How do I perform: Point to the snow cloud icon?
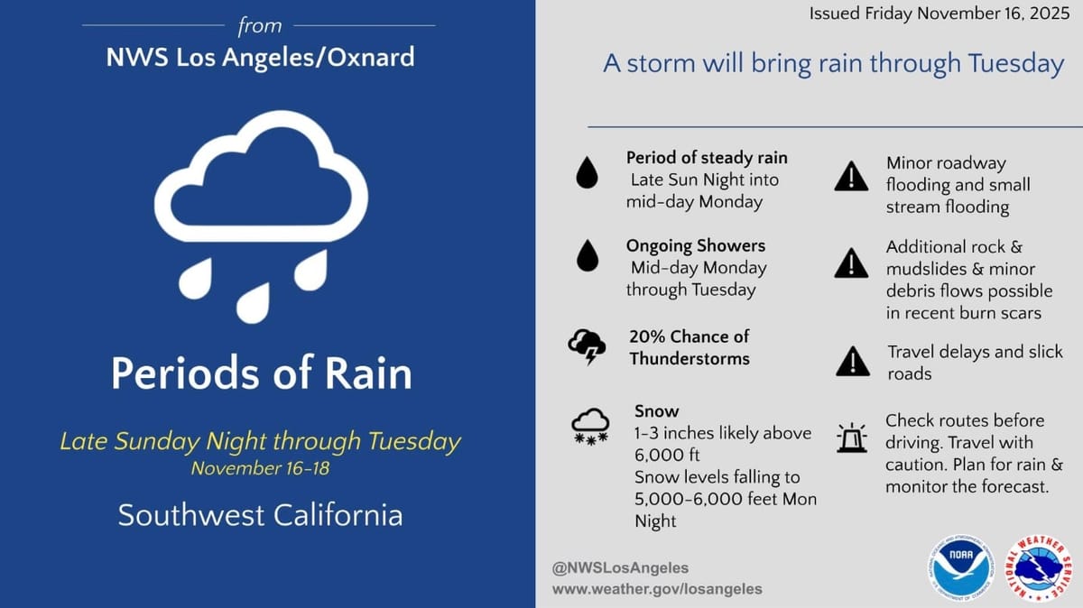pos(589,424)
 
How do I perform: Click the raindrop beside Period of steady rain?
pos(588,172)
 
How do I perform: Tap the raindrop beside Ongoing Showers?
pos(588,256)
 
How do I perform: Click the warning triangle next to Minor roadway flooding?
pos(851,178)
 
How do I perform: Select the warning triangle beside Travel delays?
pos(851,362)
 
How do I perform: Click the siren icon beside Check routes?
pos(851,438)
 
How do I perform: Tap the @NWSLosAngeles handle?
pos(620,567)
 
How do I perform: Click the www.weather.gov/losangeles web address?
pos(657,588)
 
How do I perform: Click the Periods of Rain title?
pos(261,373)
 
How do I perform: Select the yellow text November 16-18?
pos(261,468)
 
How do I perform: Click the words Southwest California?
pos(261,515)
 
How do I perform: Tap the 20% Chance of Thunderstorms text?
pos(690,346)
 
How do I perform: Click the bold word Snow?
pos(657,411)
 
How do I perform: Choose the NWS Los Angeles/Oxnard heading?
pos(261,57)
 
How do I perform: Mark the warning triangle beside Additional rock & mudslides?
pos(851,263)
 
